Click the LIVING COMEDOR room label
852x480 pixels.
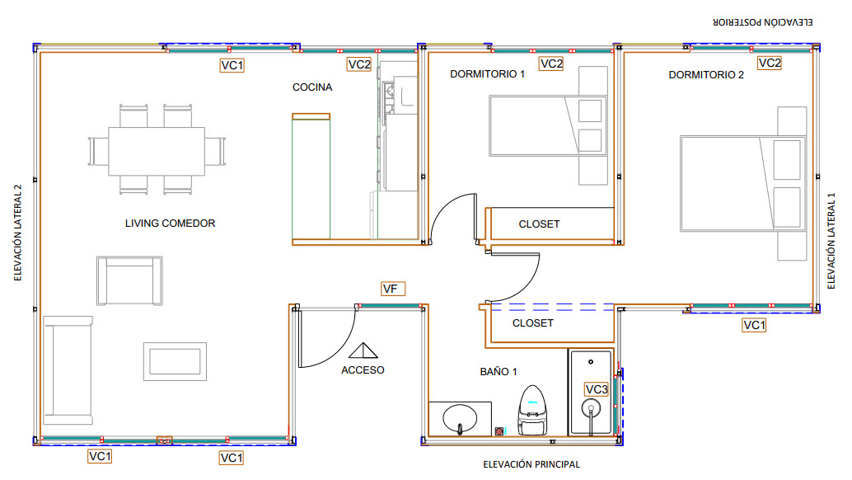(x=170, y=224)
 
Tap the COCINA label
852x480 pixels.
(x=312, y=87)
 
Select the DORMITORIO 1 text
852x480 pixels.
(x=488, y=74)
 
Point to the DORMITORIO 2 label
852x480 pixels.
(x=706, y=75)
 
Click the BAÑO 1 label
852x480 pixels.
(x=499, y=372)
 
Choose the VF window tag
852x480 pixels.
(x=393, y=289)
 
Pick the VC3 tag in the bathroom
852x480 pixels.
(x=596, y=389)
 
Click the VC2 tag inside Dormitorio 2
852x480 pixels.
(x=770, y=63)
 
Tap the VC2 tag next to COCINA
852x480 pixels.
(x=359, y=64)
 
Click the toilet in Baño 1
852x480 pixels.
(x=532, y=411)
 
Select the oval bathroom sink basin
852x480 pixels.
(x=460, y=419)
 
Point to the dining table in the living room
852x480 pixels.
(x=157, y=151)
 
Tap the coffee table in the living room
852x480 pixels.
(x=175, y=361)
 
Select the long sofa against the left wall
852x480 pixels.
(x=68, y=370)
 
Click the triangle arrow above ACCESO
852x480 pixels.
(x=363, y=351)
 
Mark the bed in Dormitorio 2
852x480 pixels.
(x=742, y=184)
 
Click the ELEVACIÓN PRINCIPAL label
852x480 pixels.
(x=531, y=465)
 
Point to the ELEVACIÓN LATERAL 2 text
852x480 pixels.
(x=18, y=233)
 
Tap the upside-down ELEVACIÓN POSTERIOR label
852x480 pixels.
(x=763, y=22)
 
